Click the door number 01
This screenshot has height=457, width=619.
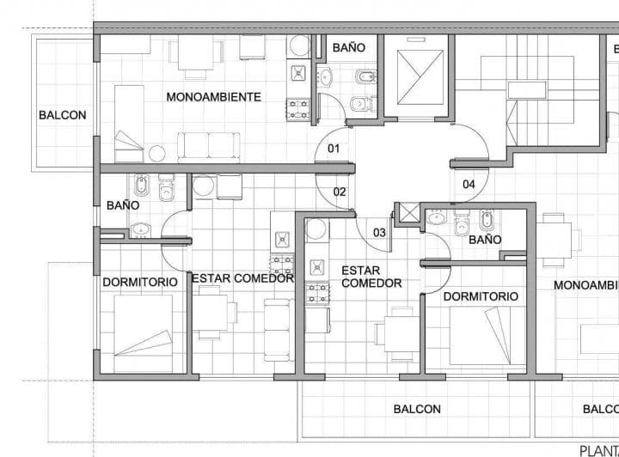(334, 149)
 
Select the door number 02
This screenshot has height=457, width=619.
(340, 192)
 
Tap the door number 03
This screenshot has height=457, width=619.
(379, 232)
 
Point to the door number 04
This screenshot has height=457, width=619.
(469, 184)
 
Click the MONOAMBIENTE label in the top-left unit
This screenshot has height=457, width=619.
(213, 97)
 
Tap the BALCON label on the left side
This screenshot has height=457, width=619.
(62, 114)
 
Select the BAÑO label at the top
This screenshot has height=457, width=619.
(348, 47)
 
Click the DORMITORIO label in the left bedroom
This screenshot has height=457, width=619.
(140, 282)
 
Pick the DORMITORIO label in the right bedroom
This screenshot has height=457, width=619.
(481, 296)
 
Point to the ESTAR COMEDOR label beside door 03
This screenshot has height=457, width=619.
(371, 277)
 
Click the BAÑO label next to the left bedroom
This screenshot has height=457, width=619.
(123, 205)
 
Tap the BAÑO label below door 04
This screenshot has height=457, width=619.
(485, 240)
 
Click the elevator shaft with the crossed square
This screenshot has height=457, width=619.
(420, 76)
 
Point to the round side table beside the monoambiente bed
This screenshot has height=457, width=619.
(157, 153)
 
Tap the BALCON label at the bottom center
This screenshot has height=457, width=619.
(417, 410)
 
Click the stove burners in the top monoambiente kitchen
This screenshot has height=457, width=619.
(298, 109)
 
